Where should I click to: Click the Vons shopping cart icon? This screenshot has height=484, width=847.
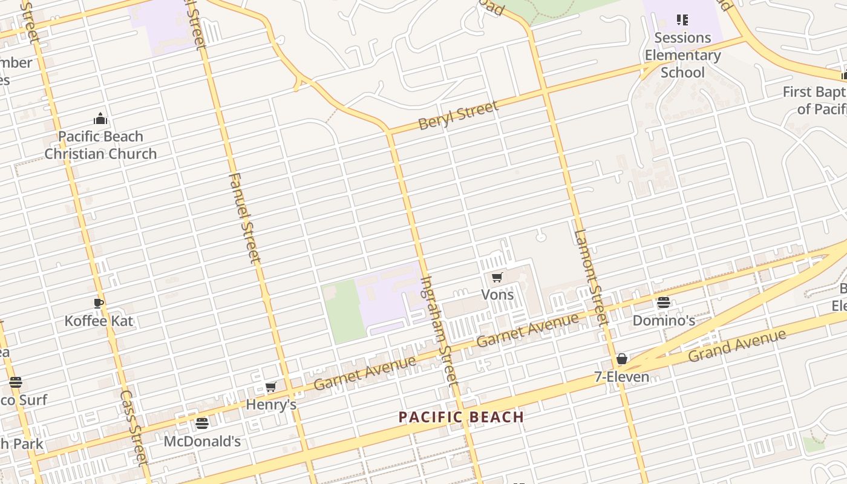pyautogui.click(x=497, y=277)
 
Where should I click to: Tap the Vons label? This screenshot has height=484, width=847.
pyautogui.click(x=497, y=295)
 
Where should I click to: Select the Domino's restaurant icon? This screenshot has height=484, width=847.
pyautogui.click(x=664, y=302)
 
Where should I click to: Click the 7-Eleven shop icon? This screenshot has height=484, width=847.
pyautogui.click(x=621, y=359)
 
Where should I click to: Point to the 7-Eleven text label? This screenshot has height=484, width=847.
pyautogui.click(x=621, y=377)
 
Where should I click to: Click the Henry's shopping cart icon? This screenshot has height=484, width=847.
pyautogui.click(x=270, y=387)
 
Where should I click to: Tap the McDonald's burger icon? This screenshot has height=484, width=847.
pyautogui.click(x=202, y=423)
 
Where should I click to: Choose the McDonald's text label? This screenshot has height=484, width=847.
pyautogui.click(x=202, y=441)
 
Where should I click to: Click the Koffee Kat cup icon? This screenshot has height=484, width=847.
pyautogui.click(x=99, y=302)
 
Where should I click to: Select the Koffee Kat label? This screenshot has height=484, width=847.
pyautogui.click(x=99, y=321)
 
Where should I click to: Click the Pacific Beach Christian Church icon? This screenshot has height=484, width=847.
pyautogui.click(x=100, y=119)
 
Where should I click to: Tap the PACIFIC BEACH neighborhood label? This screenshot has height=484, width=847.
pyautogui.click(x=461, y=417)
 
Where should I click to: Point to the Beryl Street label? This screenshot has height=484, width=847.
pyautogui.click(x=459, y=115)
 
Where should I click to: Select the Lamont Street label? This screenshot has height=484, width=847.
pyautogui.click(x=589, y=278)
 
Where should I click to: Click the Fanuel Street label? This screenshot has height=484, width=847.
pyautogui.click(x=244, y=218)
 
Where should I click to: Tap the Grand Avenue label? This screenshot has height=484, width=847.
pyautogui.click(x=737, y=345)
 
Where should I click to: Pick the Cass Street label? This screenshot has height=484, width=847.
pyautogui.click(x=134, y=428)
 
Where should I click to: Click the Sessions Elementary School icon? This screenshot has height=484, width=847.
pyautogui.click(x=682, y=20)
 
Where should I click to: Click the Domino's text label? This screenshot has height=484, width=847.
pyautogui.click(x=664, y=320)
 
